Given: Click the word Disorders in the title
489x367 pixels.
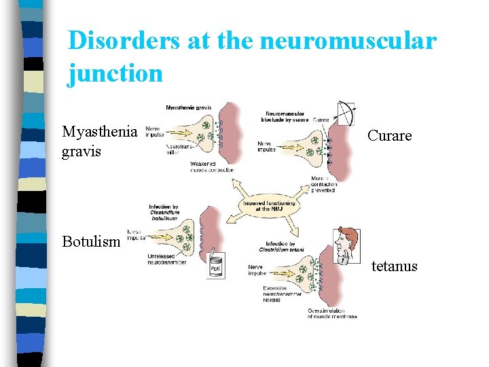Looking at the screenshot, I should coord(124,41).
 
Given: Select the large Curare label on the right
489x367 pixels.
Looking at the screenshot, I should coord(390,136).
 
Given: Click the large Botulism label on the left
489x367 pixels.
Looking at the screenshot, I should coord(92,241).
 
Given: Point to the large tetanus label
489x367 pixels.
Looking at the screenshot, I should coord(394,266).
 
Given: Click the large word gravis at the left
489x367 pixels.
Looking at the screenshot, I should coord(81,151).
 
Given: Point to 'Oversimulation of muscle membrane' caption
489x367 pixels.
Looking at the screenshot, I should coord(332,313).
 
